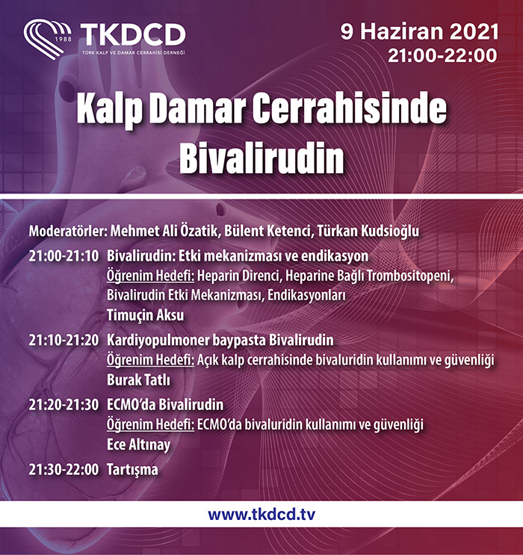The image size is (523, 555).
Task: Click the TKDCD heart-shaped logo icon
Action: coord(47,39)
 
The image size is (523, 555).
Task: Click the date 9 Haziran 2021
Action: coord(420,31)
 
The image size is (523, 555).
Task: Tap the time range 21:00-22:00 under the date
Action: coord(442,55)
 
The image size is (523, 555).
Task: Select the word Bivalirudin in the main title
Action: coord(261,157)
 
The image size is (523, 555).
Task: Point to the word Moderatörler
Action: coord(68,231)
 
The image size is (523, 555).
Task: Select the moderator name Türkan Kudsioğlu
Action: coord(368,231)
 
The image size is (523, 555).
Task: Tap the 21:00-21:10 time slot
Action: coord(64,256)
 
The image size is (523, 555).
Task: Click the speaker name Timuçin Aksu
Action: coord(145,315)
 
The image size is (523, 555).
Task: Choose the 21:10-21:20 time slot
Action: coord(64,340)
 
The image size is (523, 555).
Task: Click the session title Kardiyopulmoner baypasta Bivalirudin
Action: coord(220,340)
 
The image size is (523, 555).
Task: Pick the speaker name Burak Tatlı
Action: coord(138,380)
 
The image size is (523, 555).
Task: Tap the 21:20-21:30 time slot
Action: coord(64,405)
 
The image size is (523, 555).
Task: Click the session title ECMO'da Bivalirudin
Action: coord(165,405)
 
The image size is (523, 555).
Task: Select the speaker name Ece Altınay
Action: coord(138,445)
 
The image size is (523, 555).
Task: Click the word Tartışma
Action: coord(132,470)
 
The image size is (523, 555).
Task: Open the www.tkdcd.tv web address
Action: coord(261,515)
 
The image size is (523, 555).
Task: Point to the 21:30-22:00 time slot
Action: coord(64,470)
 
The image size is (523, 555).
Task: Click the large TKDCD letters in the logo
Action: coord(133,34)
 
